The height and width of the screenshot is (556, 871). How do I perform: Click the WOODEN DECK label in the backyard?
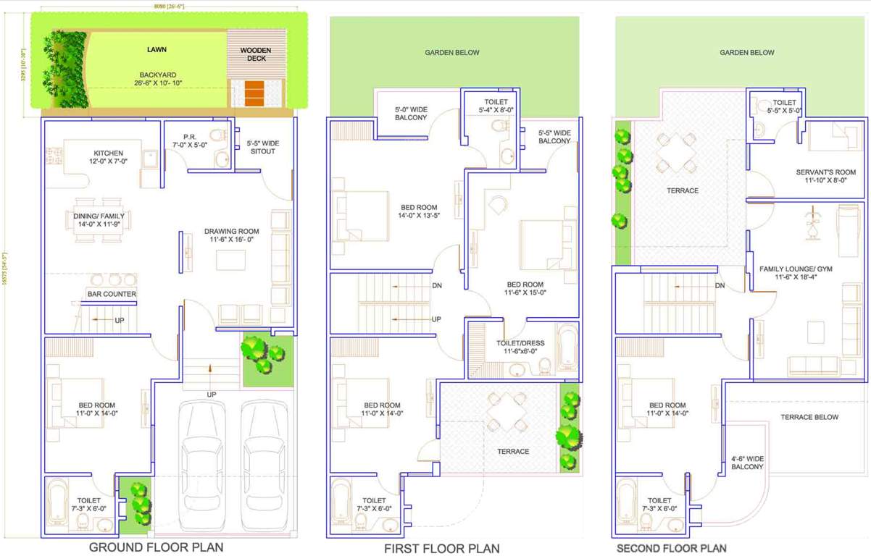[256, 54]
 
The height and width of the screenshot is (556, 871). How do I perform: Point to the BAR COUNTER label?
[112, 294]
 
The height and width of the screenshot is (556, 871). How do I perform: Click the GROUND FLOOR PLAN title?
[156, 547]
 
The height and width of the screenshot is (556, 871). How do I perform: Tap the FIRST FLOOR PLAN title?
[441, 548]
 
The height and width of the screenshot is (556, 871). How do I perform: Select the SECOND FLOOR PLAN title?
[671, 548]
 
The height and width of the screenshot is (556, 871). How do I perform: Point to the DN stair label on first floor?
[436, 285]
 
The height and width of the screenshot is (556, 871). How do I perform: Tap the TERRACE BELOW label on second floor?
[809, 417]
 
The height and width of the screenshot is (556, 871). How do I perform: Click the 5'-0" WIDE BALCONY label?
[411, 114]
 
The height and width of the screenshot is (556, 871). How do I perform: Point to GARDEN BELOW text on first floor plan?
[452, 53]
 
